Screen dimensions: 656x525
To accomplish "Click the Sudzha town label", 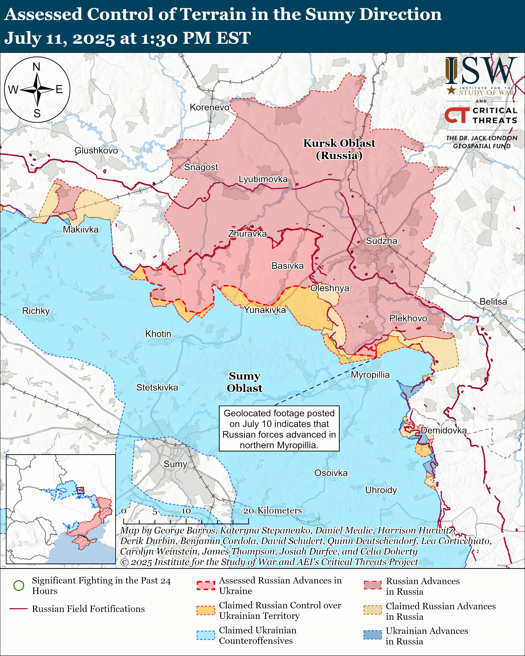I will [381, 241].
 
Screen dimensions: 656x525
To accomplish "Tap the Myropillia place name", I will [370, 375].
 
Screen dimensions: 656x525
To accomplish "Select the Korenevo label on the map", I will [209, 107].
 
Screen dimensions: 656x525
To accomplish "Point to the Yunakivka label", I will [265, 310].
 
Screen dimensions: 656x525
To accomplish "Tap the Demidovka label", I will [443, 430].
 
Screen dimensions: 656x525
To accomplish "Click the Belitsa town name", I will [493, 301].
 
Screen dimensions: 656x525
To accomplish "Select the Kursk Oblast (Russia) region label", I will [339, 149].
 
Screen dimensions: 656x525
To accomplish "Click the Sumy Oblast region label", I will [244, 382].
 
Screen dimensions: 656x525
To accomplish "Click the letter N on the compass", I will [36, 67].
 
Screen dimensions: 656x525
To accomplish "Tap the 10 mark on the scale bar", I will [186, 511].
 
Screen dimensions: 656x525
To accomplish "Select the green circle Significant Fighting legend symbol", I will [19, 585].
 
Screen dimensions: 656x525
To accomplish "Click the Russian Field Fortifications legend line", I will [19, 609].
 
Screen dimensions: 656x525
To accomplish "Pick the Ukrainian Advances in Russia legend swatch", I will [372, 635].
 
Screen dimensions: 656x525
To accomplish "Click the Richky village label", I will [36, 311].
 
